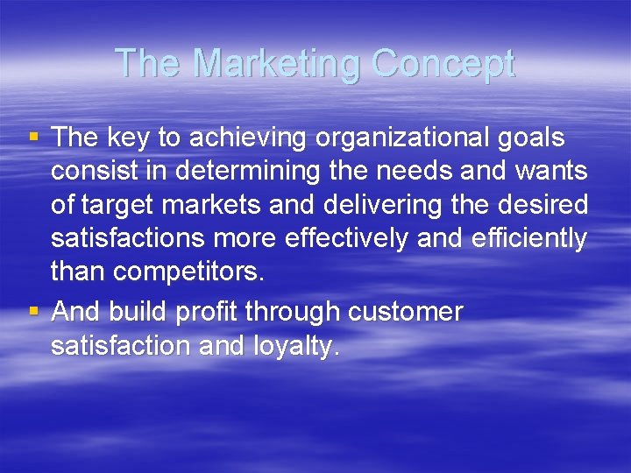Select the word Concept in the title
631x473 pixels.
click(443, 64)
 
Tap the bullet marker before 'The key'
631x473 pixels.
click(33, 137)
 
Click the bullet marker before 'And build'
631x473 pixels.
click(33, 312)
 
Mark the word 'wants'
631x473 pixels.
click(551, 172)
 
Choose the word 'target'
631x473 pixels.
click(123, 205)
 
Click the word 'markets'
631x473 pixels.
click(219, 205)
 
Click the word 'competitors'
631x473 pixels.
click(188, 272)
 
